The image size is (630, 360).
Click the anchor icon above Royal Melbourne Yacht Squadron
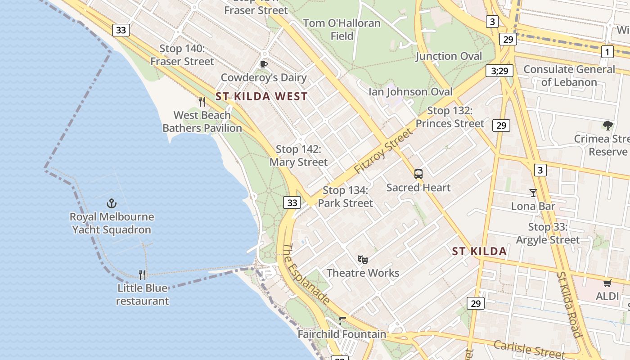pyautogui.click(x=111, y=203)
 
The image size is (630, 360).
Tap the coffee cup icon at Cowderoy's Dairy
pyautogui.click(x=264, y=64)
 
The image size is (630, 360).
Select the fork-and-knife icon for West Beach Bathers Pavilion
pyautogui.click(x=202, y=102)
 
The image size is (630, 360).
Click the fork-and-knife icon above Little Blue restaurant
pyautogui.click(x=142, y=274)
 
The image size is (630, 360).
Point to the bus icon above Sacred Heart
pyautogui.click(x=418, y=174)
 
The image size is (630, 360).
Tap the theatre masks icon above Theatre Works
pyautogui.click(x=363, y=259)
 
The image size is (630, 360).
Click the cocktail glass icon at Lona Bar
pyautogui.click(x=533, y=193)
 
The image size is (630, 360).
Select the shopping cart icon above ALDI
pyautogui.click(x=607, y=283)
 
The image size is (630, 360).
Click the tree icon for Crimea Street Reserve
pyautogui.click(x=608, y=126)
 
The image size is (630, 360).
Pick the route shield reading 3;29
pyautogui.click(x=499, y=71)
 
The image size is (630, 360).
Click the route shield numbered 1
pyautogui.click(x=607, y=52)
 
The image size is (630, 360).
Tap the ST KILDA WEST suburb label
pyautogui.click(x=261, y=96)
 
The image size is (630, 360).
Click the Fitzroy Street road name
pyautogui.click(x=383, y=151)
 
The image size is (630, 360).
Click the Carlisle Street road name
pyautogui.click(x=528, y=348)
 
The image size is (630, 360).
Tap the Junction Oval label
pyautogui.click(x=449, y=56)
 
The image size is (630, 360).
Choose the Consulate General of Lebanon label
pyautogui.click(x=569, y=76)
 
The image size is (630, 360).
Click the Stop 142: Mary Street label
pyautogui.click(x=299, y=156)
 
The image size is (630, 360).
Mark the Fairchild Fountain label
pyautogui.click(x=342, y=334)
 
